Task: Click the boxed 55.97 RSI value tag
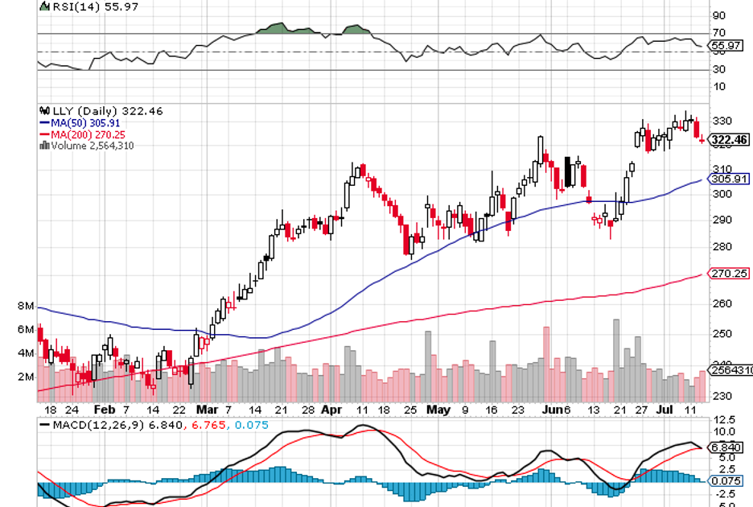(726, 46)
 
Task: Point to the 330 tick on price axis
(722, 121)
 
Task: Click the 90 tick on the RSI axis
(718, 15)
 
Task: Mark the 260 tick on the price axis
(722, 303)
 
